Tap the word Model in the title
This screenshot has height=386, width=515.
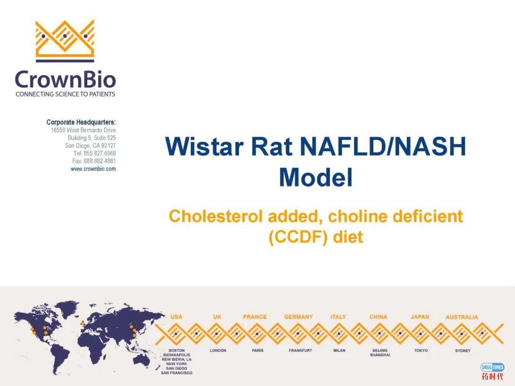coord(316,177)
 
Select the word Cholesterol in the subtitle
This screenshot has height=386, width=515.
coord(215,216)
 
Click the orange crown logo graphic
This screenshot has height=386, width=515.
coord(65,41)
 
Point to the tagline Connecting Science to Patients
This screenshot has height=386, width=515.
coord(65,94)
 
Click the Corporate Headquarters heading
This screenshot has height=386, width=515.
coord(81,122)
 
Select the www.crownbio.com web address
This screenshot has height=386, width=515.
coord(93,169)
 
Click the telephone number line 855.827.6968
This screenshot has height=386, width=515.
coord(94,153)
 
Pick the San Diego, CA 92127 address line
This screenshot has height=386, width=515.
coord(91,145)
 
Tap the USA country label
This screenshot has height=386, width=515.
coord(176,317)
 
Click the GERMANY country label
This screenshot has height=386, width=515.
coord(299,317)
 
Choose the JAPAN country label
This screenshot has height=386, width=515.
coord(420,317)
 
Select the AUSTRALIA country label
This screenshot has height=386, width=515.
coord(462,317)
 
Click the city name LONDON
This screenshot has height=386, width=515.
coord(218,350)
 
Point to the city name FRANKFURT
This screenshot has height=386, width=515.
coord(300,350)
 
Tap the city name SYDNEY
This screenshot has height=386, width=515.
coord(463,351)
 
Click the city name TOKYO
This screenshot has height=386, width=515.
coord(421,350)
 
